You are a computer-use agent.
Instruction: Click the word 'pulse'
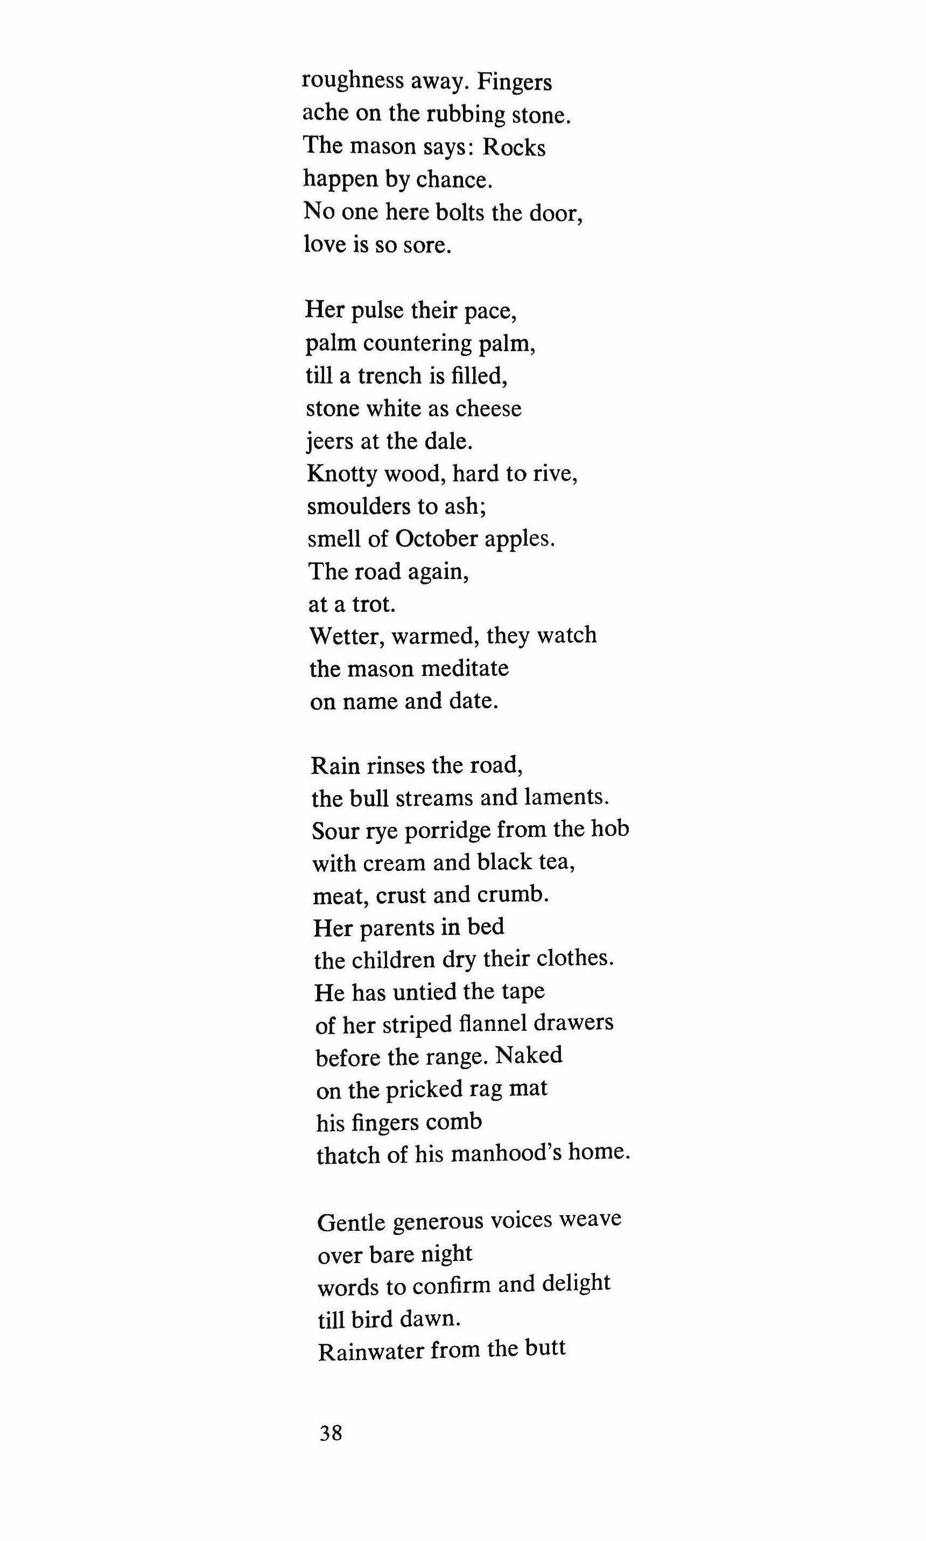[x=377, y=311]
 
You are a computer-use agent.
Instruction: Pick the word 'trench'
[x=389, y=376]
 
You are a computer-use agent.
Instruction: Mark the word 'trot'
[x=373, y=604]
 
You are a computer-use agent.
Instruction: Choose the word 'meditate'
[x=465, y=668]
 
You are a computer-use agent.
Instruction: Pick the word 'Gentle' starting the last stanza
[x=350, y=1222]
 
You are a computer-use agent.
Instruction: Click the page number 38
[x=331, y=1432]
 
